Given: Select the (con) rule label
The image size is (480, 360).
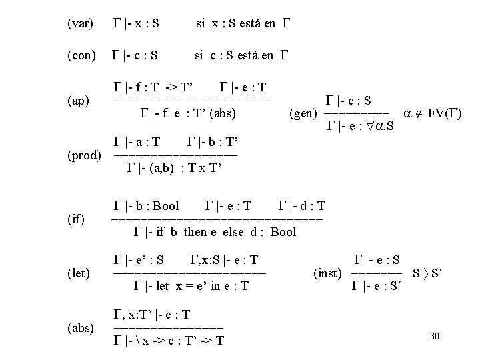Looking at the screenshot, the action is tap(81, 55).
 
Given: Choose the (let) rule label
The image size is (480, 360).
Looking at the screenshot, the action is tap(78, 273).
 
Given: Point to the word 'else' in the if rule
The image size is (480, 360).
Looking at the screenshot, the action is tap(237, 232).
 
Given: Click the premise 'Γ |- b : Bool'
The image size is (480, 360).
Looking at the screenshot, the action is tap(147, 206).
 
